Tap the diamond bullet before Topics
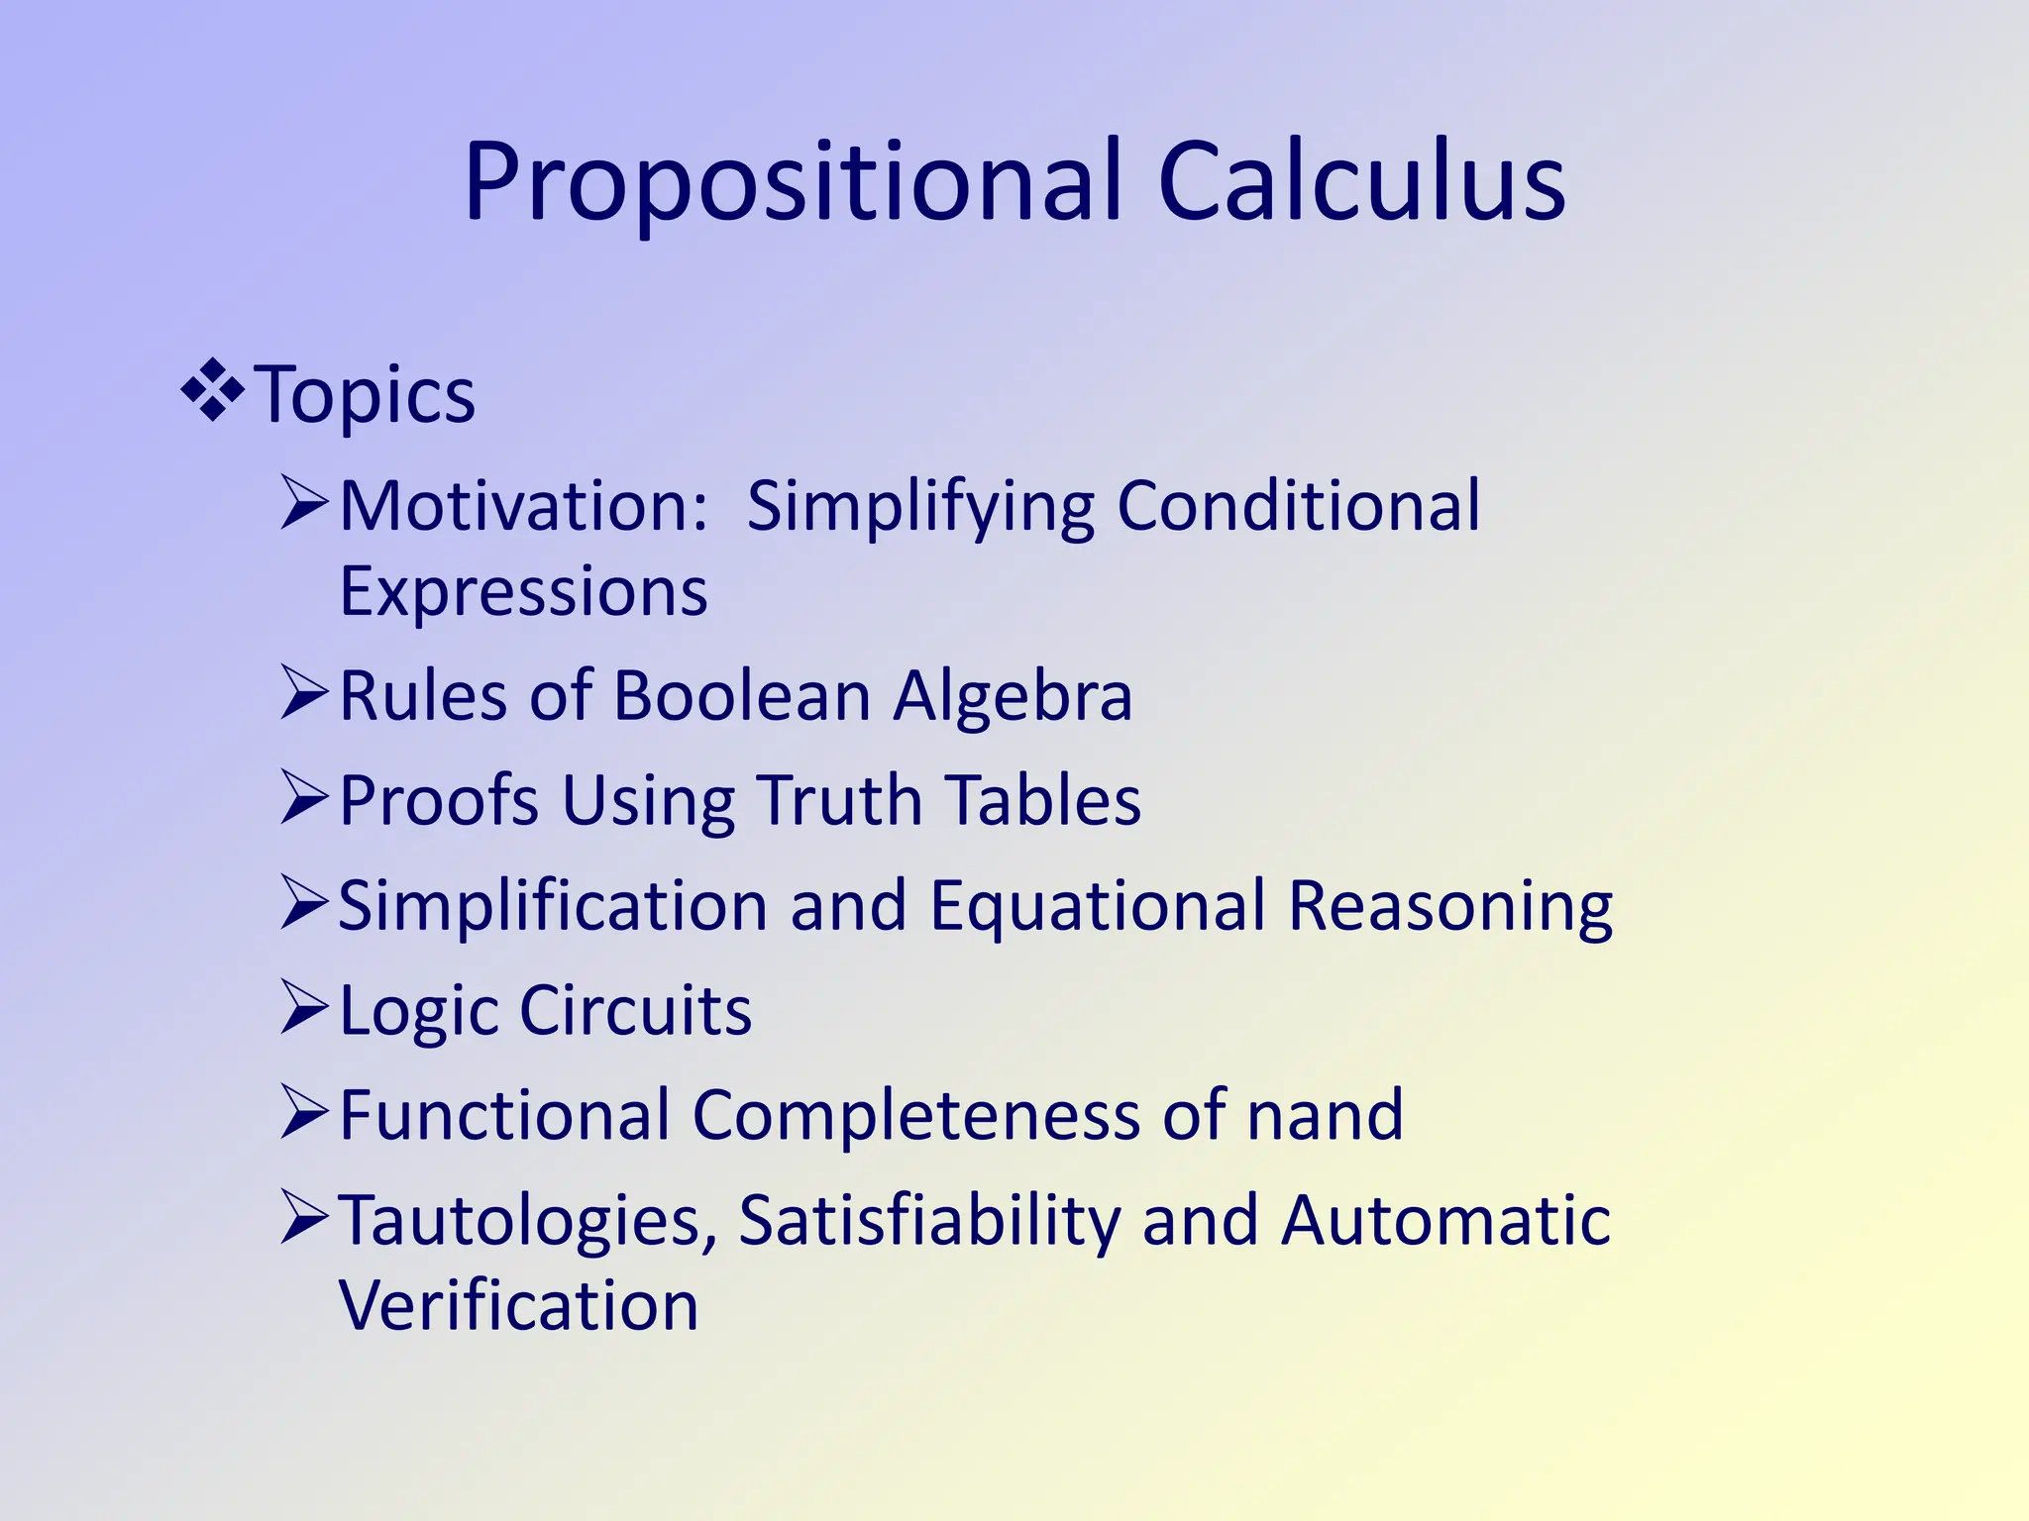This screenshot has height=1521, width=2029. point(213,393)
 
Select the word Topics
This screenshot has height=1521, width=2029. point(365,395)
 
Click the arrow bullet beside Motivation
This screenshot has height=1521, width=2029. point(304,503)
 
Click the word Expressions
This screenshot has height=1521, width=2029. point(523,592)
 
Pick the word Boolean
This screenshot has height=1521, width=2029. point(742,696)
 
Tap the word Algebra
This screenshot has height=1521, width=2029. point(1013,696)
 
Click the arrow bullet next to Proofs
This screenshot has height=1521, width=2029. point(304,797)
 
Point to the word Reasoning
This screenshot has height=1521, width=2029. point(1449,906)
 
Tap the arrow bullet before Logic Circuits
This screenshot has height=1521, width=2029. point(304,1007)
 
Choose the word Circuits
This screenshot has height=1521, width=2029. point(635,1011)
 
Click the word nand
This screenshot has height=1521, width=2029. point(1325,1115)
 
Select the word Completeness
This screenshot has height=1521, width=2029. point(917,1115)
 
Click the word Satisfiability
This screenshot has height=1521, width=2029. point(929,1221)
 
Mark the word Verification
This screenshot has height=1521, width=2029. point(519,1306)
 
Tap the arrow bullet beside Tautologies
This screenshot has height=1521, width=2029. point(304,1217)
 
